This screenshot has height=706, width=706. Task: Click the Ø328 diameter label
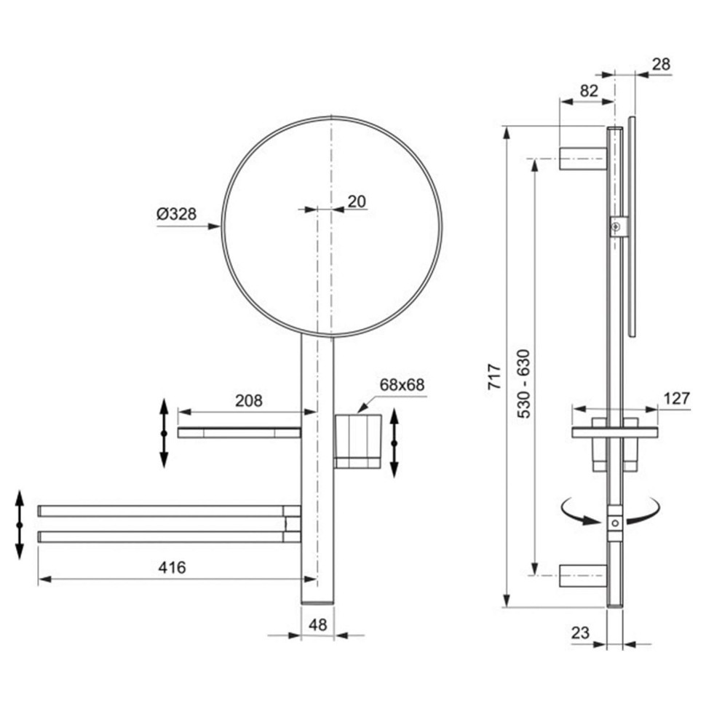(176, 213)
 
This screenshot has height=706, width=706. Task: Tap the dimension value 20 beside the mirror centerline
(357, 202)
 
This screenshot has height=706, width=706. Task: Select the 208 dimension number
(248, 400)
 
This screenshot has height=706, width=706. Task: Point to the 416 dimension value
(172, 567)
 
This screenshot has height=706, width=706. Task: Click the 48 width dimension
(318, 624)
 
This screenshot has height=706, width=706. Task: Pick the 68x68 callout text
(402, 385)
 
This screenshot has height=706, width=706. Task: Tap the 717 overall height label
(494, 376)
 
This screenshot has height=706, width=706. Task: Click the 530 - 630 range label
(523, 384)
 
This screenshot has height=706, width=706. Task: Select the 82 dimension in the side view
(589, 91)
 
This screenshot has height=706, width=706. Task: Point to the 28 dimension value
(661, 64)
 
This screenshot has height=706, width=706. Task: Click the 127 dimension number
(677, 398)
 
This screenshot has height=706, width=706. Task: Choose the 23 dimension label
(580, 632)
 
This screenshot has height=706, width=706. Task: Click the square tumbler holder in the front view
(358, 441)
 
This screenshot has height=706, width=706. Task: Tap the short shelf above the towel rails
(239, 432)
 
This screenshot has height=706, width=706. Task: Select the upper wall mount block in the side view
(583, 159)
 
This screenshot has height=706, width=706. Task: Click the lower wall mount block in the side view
(583, 576)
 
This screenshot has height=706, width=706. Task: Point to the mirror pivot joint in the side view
(619, 226)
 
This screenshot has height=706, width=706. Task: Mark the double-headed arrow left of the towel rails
(20, 525)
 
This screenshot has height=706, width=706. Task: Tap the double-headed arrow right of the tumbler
(394, 443)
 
